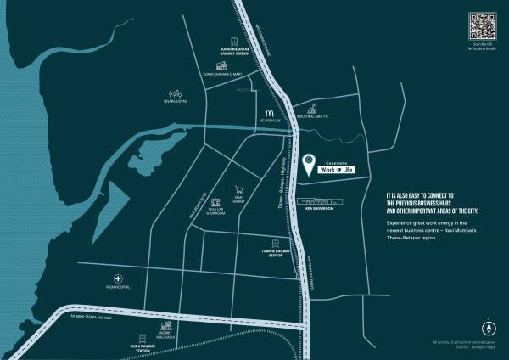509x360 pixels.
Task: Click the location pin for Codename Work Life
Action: pos(309,160)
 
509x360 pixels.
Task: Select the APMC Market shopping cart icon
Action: pos(239,191)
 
